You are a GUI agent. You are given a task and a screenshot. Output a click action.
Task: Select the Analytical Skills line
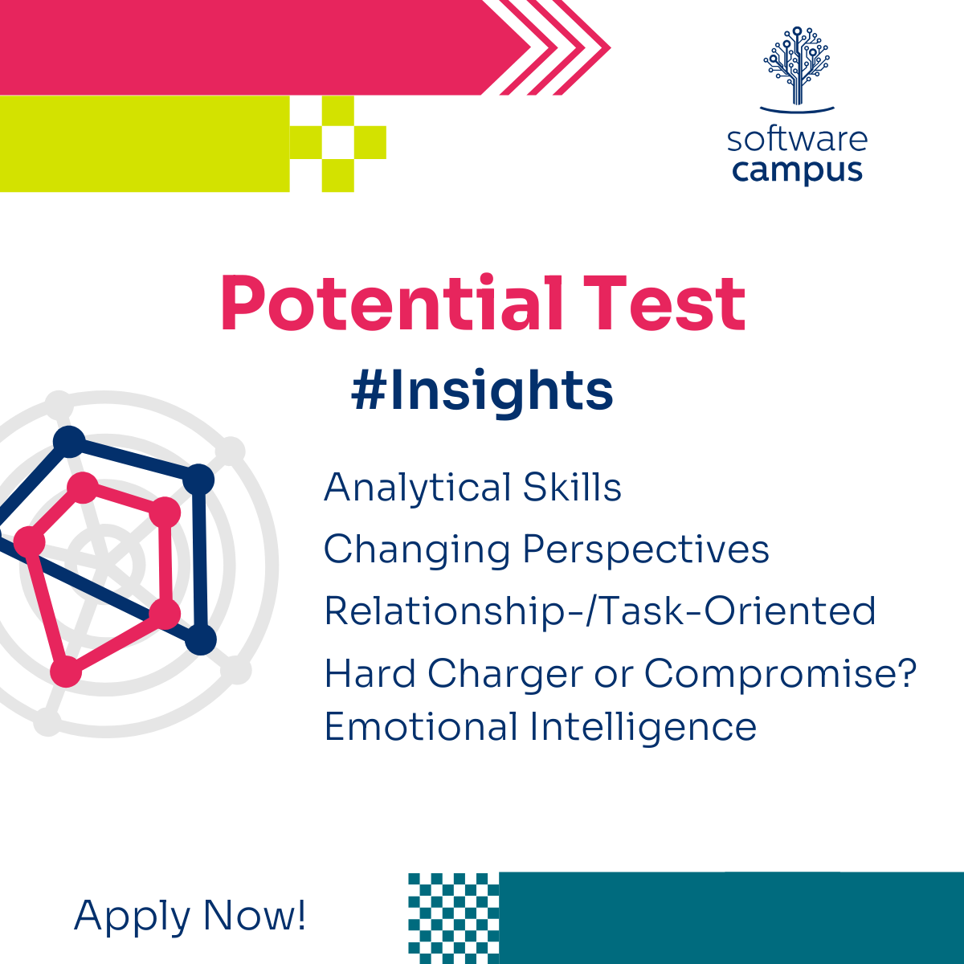[x=472, y=488]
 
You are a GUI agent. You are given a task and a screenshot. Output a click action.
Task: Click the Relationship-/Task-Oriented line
[x=600, y=611]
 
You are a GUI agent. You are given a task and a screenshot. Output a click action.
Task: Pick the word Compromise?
[x=780, y=675]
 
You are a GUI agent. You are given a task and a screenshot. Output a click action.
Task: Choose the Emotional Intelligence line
[x=541, y=727]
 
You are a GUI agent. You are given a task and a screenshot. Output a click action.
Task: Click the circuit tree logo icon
[x=796, y=68]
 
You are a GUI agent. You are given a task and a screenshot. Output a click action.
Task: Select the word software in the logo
[x=797, y=140]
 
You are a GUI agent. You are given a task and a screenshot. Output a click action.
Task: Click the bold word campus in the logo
[x=798, y=171]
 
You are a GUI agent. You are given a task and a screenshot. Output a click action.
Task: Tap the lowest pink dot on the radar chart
[x=66, y=672]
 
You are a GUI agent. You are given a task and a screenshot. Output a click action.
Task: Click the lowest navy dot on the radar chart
[x=201, y=639]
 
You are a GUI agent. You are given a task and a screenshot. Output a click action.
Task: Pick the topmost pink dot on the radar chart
[x=83, y=488]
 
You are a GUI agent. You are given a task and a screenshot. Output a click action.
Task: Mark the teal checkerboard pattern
[x=454, y=918]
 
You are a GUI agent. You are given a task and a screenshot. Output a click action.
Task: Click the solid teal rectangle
[x=731, y=918]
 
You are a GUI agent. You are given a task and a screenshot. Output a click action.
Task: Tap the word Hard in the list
[x=370, y=674]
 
